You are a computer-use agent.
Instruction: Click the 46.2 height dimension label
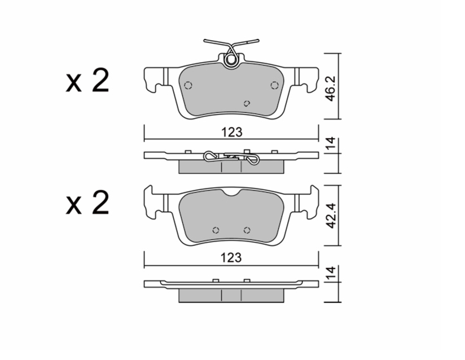point(330,89)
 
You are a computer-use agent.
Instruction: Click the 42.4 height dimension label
point(330,216)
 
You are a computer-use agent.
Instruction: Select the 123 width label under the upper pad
point(232,132)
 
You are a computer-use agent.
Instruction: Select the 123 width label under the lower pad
point(231,258)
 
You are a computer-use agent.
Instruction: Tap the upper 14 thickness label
point(330,143)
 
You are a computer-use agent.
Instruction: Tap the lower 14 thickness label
point(330,272)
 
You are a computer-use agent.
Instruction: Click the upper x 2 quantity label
point(87,80)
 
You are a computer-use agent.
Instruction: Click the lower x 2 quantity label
point(87,203)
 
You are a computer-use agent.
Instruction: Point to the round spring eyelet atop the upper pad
point(231,60)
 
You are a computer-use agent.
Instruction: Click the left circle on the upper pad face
point(188,85)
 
